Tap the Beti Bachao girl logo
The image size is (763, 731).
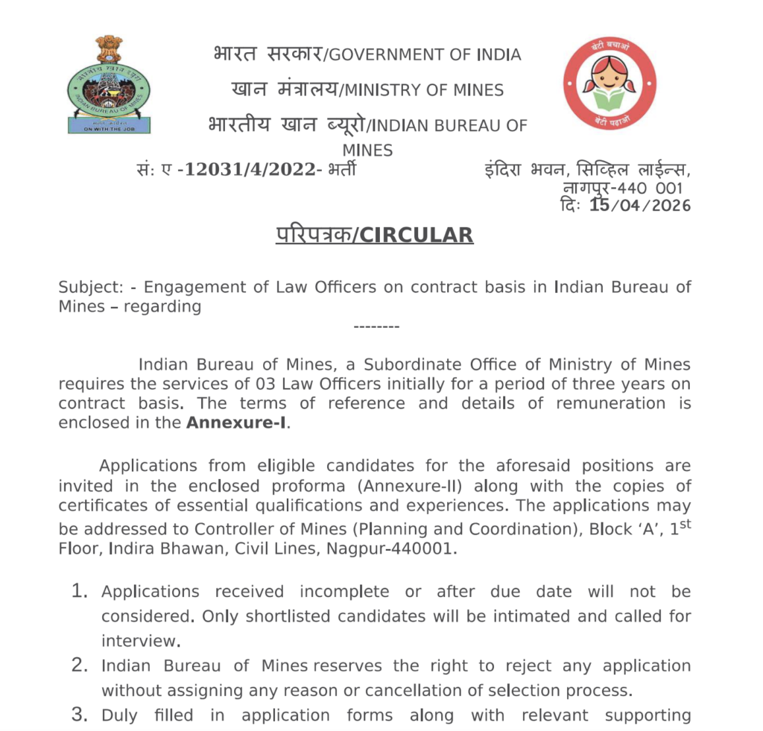click(x=609, y=82)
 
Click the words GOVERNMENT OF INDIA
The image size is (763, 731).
click(x=425, y=55)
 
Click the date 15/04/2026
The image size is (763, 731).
click(x=640, y=206)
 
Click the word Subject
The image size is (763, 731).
click(x=88, y=287)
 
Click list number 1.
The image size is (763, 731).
click(x=80, y=592)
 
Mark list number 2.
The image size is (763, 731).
click(x=80, y=665)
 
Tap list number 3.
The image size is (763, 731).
click(x=80, y=715)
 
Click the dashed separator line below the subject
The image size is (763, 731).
click(x=376, y=326)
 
